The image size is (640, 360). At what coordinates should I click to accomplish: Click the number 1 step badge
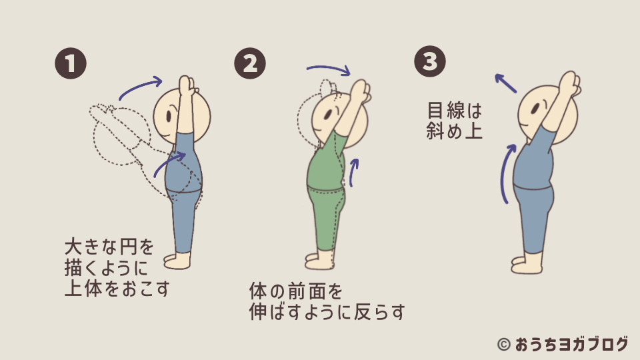[70, 64]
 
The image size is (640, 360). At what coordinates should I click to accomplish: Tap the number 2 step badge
[250, 64]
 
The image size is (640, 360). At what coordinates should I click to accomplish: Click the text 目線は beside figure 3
[455, 109]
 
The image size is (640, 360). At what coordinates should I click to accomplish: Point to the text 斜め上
[455, 130]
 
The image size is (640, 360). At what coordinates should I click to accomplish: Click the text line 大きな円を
[109, 248]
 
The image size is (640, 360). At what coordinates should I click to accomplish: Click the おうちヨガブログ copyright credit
[563, 344]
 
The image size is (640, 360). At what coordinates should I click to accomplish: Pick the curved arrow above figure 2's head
[328, 69]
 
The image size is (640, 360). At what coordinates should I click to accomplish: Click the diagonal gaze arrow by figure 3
[505, 83]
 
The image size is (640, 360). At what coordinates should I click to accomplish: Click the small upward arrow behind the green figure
[354, 171]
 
